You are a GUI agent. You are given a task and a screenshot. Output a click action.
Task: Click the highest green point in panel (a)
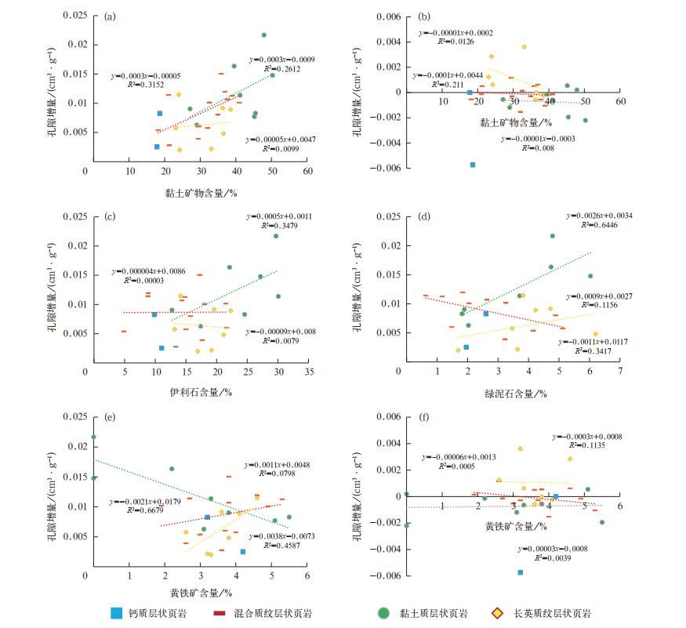[264, 34]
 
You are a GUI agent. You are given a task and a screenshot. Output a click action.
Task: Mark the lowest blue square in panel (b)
[474, 165]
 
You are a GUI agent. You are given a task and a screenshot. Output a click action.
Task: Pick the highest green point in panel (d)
[553, 236]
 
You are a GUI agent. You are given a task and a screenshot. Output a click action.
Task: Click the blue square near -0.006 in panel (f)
[520, 572]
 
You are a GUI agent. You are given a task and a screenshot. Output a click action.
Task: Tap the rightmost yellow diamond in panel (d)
[595, 334]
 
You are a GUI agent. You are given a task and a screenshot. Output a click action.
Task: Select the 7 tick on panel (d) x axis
[620, 370]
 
